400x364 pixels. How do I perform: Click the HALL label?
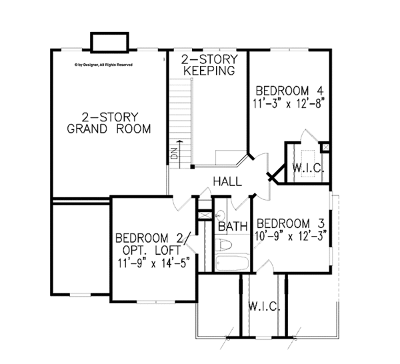click(x=227, y=181)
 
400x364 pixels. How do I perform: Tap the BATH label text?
click(x=233, y=227)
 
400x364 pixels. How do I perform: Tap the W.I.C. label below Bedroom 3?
click(x=264, y=307)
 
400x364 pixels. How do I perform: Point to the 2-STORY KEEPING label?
click(x=209, y=65)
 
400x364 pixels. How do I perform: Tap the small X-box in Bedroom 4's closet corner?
click(x=325, y=147)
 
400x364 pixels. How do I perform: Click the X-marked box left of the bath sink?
click(x=204, y=215)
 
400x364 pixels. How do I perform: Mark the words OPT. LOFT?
click(x=152, y=251)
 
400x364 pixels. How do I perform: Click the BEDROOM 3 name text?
click(x=293, y=223)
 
